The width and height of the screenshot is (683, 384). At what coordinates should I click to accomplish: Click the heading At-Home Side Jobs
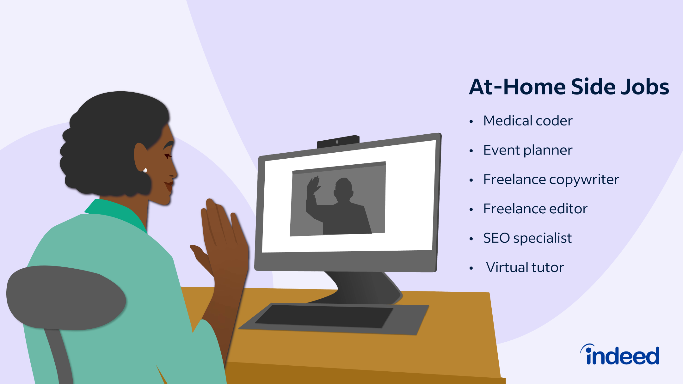tap(569, 87)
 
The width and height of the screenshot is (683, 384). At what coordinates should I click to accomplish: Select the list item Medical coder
tap(528, 121)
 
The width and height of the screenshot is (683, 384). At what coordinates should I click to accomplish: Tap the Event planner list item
tap(528, 150)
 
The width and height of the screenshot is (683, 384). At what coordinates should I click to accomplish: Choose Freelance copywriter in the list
tap(551, 180)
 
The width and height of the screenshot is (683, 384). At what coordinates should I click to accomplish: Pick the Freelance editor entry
tap(535, 209)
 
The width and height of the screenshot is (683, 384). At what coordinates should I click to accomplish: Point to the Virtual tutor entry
tap(525, 267)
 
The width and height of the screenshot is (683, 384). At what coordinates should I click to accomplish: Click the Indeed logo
tap(620, 355)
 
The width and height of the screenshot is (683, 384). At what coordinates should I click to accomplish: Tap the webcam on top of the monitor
tap(338, 142)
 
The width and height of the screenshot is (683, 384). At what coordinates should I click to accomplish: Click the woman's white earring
tap(145, 170)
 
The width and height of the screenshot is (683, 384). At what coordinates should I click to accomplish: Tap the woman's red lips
tap(169, 186)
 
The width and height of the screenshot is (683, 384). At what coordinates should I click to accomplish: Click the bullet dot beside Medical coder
tap(471, 121)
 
